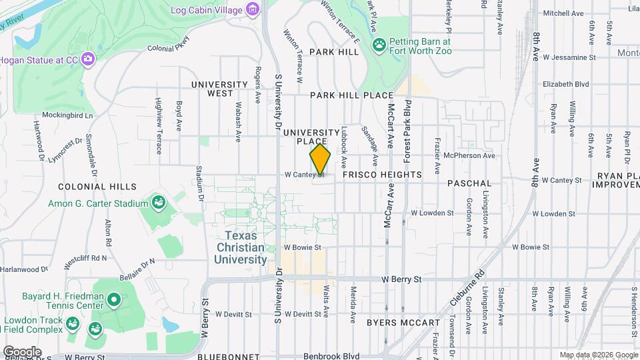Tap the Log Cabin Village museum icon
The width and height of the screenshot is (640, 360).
[x=253, y=9]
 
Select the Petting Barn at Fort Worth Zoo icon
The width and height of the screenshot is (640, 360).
[x=379, y=45]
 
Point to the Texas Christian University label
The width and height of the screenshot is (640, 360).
[x=245, y=247]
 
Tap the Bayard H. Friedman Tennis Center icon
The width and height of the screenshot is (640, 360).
[x=113, y=301]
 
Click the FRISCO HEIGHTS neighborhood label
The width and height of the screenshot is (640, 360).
[x=382, y=175]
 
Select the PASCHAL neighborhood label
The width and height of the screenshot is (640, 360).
[x=469, y=183]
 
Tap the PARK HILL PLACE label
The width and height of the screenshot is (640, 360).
[x=352, y=95]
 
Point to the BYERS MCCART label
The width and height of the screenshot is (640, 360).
[x=403, y=323]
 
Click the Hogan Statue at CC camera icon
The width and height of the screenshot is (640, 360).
[x=88, y=60]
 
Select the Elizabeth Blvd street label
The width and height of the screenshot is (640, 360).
[x=566, y=85]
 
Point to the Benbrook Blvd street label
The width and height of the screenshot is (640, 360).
[x=331, y=356]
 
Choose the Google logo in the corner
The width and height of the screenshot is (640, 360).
[x=22, y=351]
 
